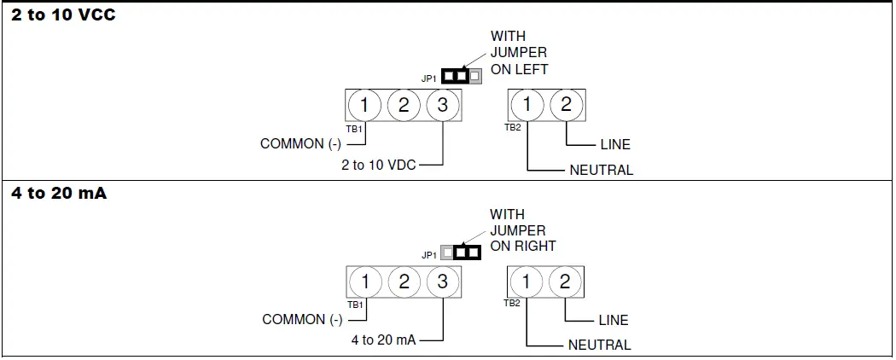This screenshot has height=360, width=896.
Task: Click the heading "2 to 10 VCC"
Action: coord(63,15)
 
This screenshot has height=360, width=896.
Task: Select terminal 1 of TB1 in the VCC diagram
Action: coord(364,105)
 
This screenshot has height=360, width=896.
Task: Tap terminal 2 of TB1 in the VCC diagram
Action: coord(404,105)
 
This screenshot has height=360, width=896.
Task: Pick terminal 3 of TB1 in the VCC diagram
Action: coord(442,105)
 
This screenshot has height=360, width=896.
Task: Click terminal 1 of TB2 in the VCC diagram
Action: coord(528,105)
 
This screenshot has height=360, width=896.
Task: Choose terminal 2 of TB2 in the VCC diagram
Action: coord(566,105)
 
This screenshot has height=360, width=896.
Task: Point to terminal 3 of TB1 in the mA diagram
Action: coord(443,282)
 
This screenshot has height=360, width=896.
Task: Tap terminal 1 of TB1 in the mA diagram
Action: coord(365,282)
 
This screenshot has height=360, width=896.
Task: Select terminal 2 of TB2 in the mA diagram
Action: coord(565,282)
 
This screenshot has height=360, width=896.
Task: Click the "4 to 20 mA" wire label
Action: coord(383,340)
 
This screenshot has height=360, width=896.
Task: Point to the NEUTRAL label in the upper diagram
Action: coord(602,170)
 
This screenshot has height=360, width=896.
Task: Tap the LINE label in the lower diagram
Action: coord(613,321)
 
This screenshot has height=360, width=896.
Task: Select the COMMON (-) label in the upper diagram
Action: coord(300,143)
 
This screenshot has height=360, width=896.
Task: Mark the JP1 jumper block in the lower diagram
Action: coord(461,253)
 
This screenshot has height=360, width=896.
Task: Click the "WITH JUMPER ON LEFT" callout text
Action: coord(519,53)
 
